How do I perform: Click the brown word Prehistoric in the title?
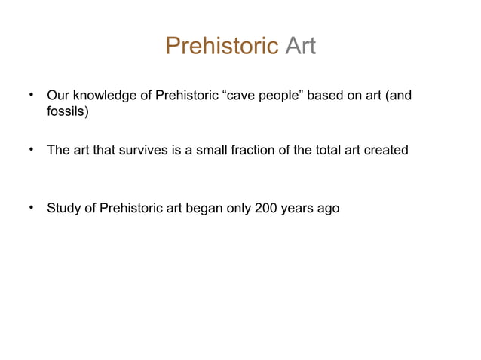pyautogui.click(x=222, y=47)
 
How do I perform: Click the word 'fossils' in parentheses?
pyautogui.click(x=68, y=113)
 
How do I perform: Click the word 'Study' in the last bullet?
pyautogui.click(x=63, y=209)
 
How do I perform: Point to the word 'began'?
pyautogui.click(x=203, y=209)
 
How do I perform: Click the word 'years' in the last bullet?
pyautogui.click(x=299, y=209)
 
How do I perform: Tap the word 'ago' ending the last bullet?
pyautogui.click(x=329, y=209)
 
